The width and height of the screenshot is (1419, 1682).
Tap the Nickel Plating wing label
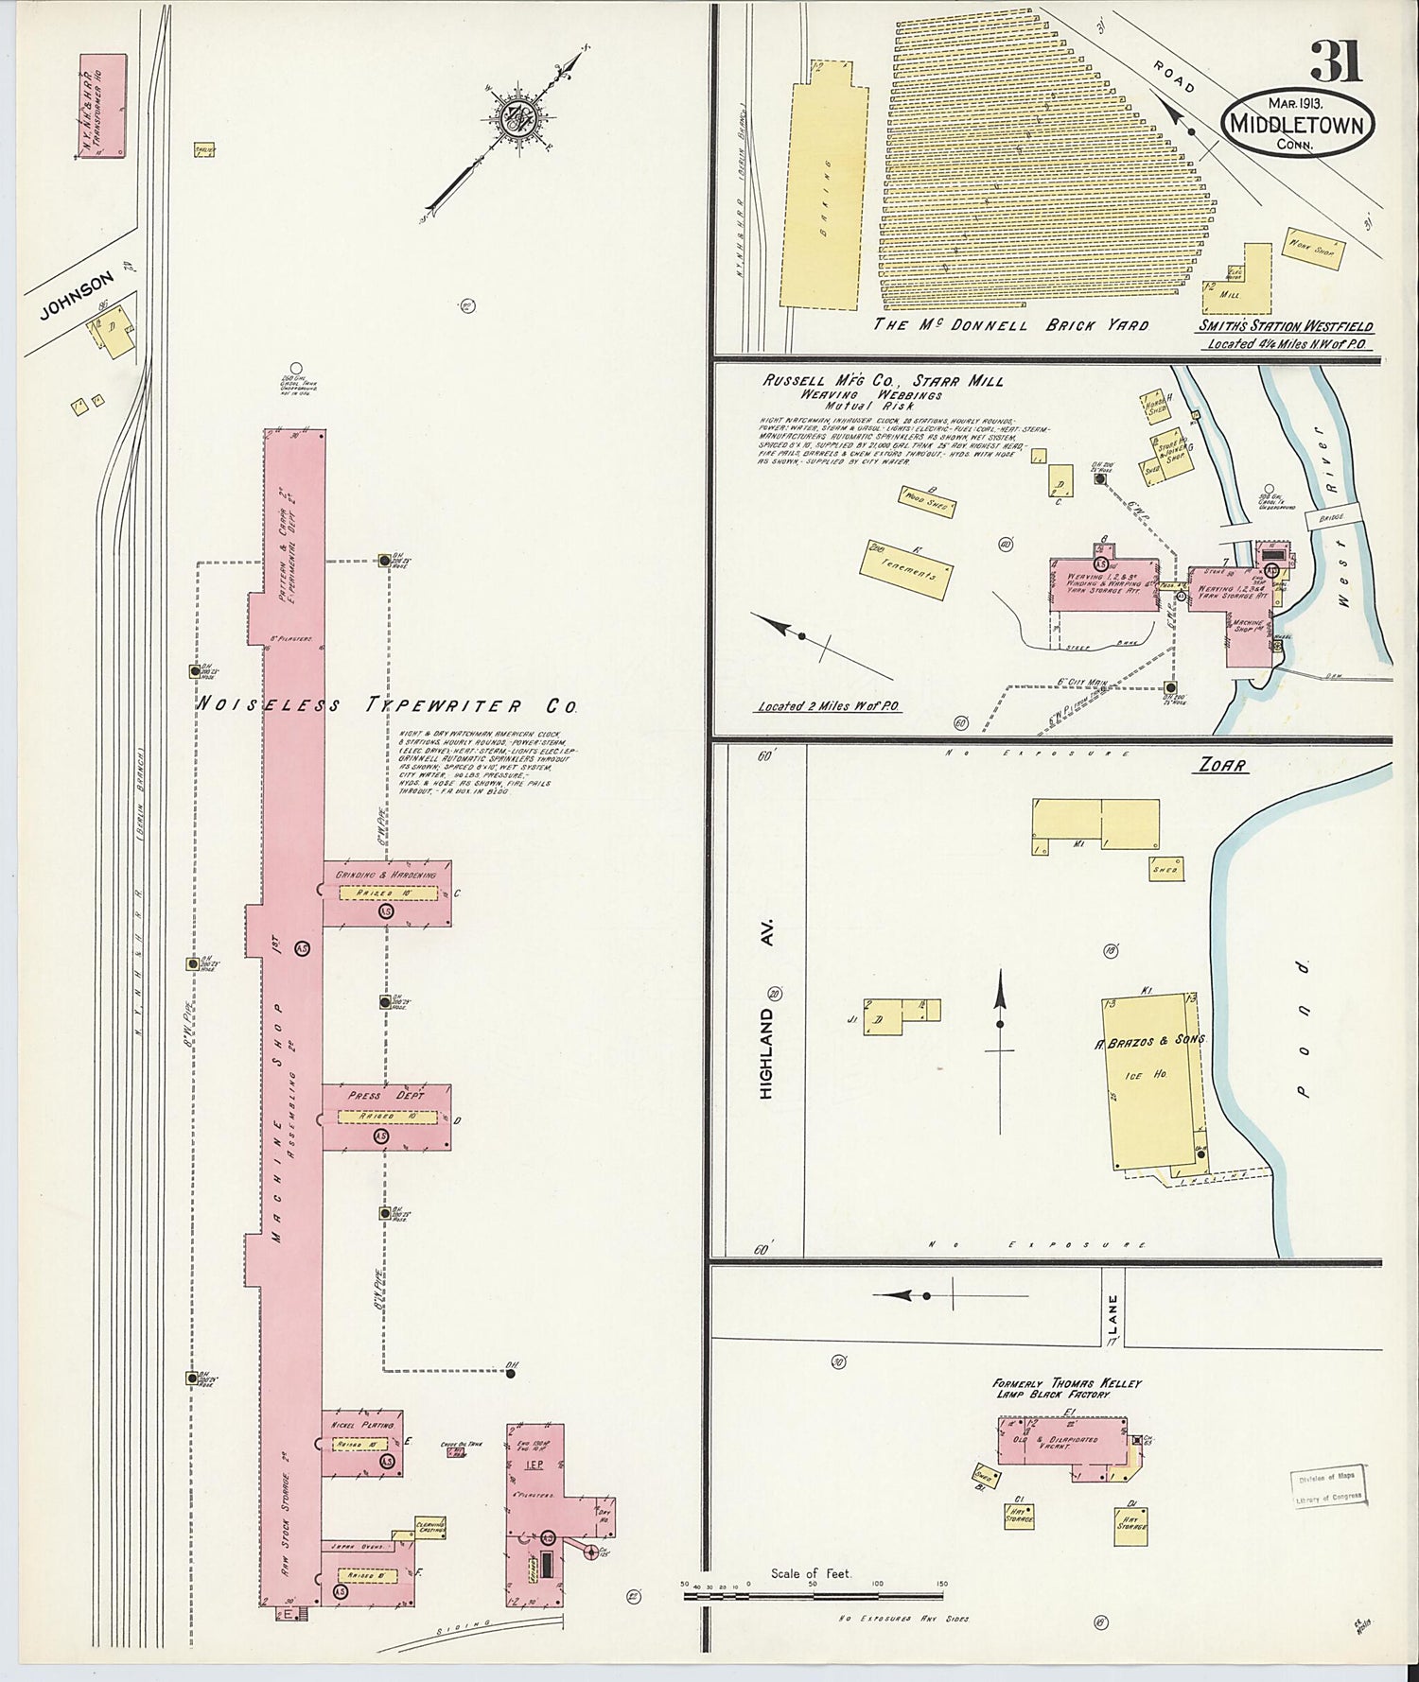(x=361, y=1424)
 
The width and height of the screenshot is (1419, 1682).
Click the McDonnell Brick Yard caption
(x=1010, y=324)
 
